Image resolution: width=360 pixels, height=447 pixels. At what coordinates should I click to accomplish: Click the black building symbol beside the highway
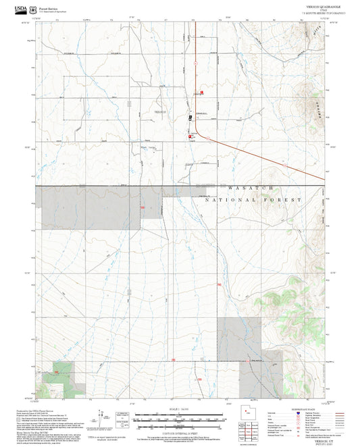point(190,116)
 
